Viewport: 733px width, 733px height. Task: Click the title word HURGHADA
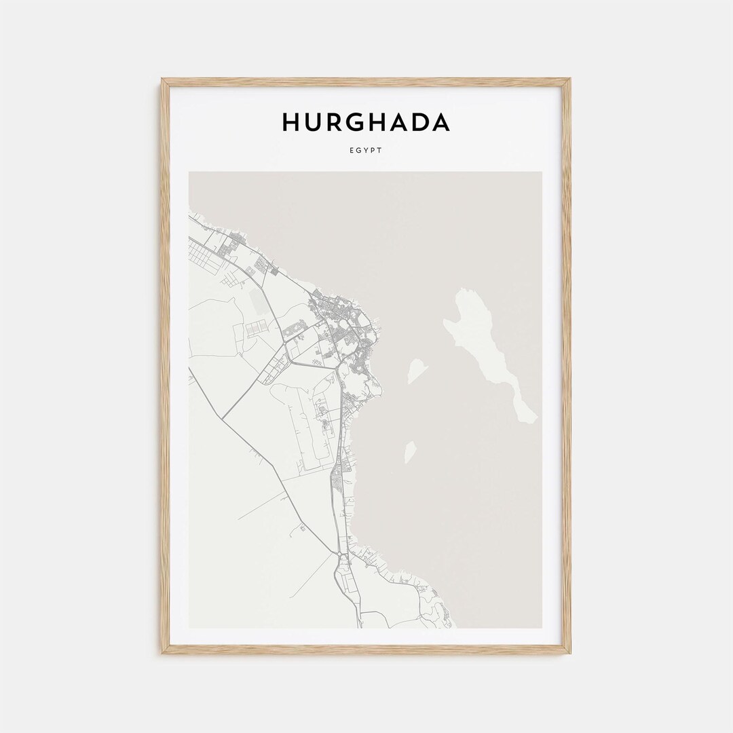(x=366, y=123)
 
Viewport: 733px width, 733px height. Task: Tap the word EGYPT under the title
(x=366, y=150)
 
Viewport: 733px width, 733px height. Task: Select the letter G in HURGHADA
(x=356, y=123)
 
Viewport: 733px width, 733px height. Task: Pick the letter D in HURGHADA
(x=418, y=123)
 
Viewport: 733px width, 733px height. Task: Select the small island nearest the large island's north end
(x=417, y=370)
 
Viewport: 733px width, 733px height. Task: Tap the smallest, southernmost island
(x=410, y=451)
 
